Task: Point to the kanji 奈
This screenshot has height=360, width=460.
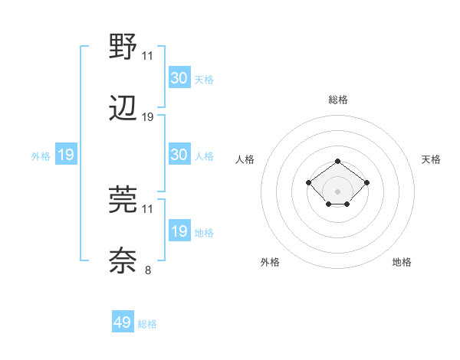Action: click(123, 260)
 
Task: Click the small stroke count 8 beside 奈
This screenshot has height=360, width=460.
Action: click(148, 270)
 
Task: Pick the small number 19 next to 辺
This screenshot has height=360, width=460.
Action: click(148, 117)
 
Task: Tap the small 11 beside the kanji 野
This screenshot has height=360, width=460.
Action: click(148, 56)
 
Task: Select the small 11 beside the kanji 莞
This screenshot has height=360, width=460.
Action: click(148, 208)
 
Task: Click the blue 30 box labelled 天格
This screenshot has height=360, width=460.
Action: click(179, 77)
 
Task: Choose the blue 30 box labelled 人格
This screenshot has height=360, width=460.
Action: click(179, 155)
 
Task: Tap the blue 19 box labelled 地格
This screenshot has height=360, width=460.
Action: click(179, 231)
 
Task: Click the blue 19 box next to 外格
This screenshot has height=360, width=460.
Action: click(65, 155)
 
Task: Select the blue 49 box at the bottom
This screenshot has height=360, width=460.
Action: click(123, 322)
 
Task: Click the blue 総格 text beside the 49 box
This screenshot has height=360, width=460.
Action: click(148, 324)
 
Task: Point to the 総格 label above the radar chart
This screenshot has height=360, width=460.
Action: click(338, 100)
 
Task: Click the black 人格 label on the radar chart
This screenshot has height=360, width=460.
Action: click(245, 159)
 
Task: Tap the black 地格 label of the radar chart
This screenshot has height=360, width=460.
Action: click(402, 262)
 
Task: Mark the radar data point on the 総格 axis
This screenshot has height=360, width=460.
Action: click(338, 162)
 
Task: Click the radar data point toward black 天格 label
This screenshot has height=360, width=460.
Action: click(367, 182)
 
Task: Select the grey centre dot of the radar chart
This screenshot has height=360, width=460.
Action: click(338, 191)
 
